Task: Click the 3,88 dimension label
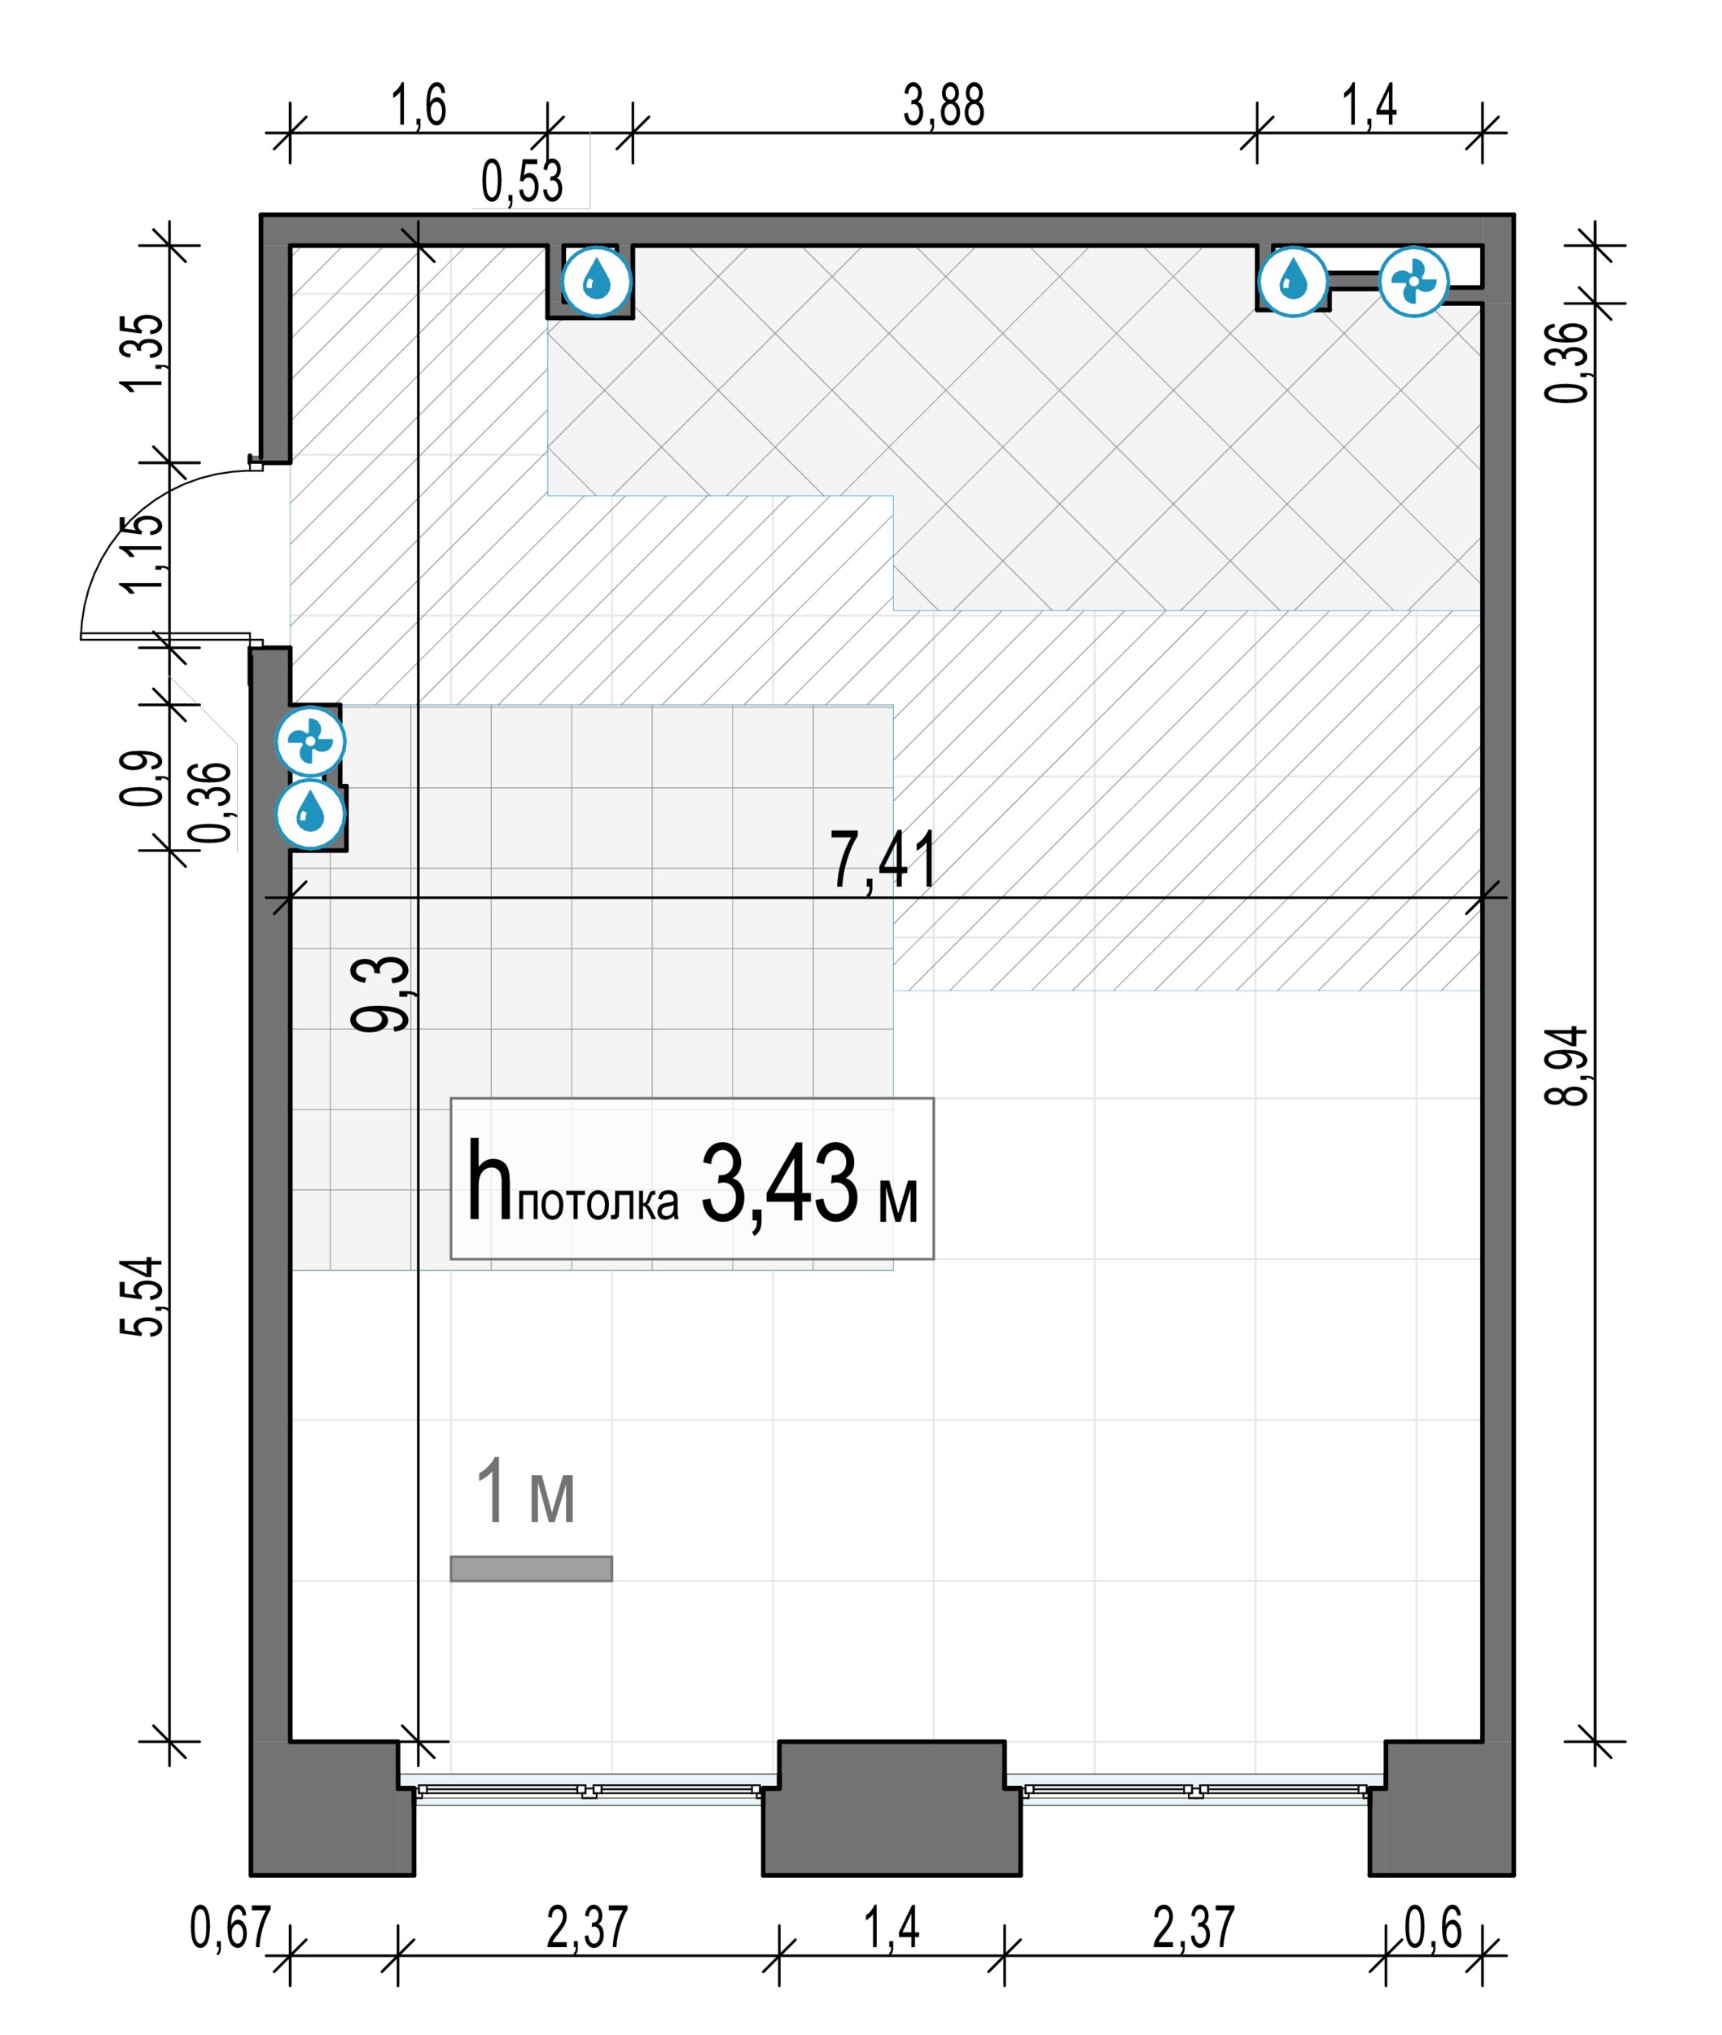(943, 105)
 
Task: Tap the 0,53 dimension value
(522, 182)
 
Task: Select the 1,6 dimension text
(418, 105)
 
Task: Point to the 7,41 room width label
(883, 860)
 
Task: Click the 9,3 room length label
(381, 994)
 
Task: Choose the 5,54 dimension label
(142, 1296)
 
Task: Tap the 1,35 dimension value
(142, 352)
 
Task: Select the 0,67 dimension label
(230, 1928)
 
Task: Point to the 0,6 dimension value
(1433, 1928)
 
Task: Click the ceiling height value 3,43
(779, 1184)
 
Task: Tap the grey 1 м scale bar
(531, 1569)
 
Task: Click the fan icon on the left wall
(310, 742)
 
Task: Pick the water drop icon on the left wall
(310, 813)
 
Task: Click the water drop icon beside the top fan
(1294, 281)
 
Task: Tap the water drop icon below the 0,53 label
(598, 282)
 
